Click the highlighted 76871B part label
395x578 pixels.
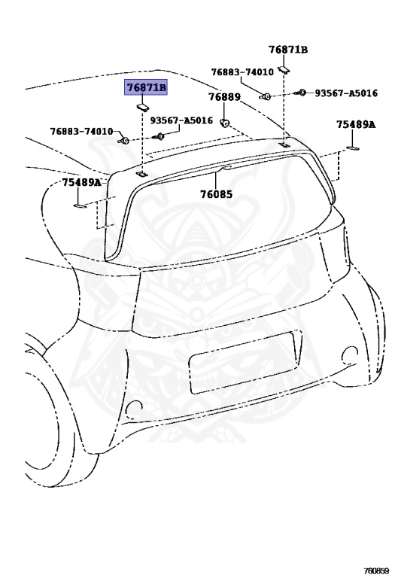pos(145,87)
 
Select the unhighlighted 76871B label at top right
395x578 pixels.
pos(287,50)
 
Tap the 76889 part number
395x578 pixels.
pos(224,97)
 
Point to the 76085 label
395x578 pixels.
pos(216,194)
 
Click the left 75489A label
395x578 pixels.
pos(81,182)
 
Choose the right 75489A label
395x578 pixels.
pos(356,125)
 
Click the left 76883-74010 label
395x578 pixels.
pos(81,131)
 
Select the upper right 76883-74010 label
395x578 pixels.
pos(242,72)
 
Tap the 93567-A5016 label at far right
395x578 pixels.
pos(346,93)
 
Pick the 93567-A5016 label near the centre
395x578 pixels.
pos(181,120)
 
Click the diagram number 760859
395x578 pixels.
pos(376,571)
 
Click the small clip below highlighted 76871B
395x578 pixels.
pos(142,108)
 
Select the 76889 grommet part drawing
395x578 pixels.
pos(224,123)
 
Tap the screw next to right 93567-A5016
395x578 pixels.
pos(300,93)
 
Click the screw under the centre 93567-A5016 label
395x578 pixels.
pos(159,137)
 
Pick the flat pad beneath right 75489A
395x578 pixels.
pos(353,148)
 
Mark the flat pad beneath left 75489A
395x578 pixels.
pos(80,205)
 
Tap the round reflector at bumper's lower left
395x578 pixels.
pos(133,406)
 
